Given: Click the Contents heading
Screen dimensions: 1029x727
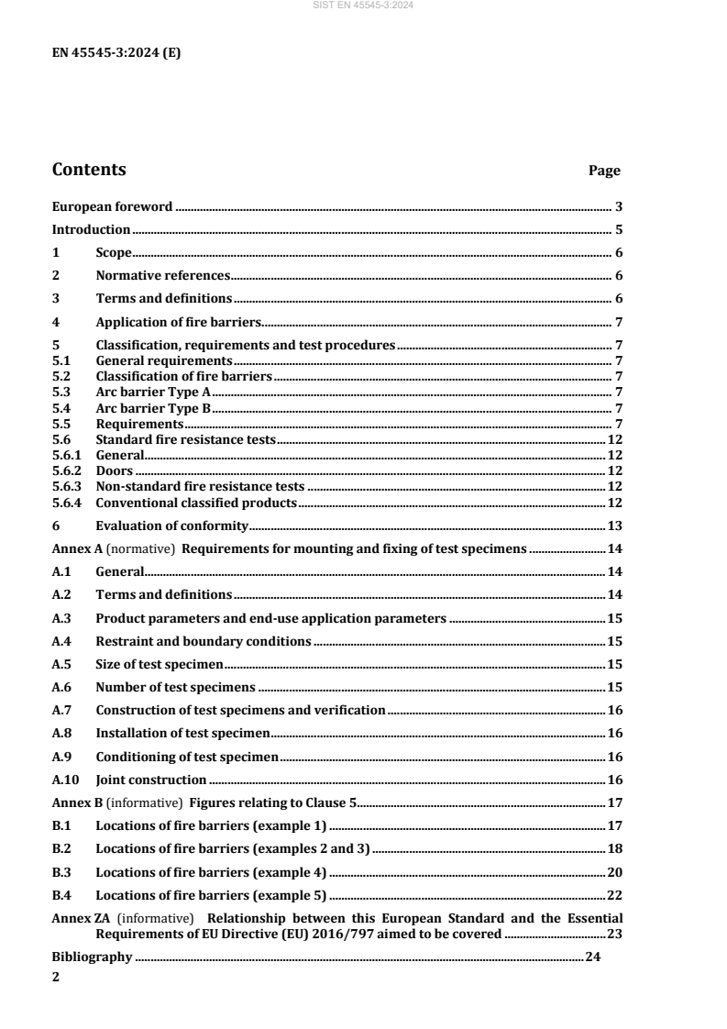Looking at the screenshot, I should (89, 170).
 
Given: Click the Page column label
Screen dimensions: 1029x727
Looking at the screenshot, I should (603, 171).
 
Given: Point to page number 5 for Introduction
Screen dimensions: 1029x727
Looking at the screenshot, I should (619, 230).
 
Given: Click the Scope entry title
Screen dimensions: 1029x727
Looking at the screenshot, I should (114, 252).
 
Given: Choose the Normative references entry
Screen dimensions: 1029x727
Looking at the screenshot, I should (161, 274).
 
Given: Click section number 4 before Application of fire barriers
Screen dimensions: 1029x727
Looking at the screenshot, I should (56, 321).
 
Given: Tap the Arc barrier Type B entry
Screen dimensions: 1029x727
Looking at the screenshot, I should (153, 408).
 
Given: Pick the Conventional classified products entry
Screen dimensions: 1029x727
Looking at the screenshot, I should (196, 503).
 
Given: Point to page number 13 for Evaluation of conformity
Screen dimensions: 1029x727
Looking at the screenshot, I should (615, 526).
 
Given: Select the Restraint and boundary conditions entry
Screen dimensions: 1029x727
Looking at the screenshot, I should (204, 641).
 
